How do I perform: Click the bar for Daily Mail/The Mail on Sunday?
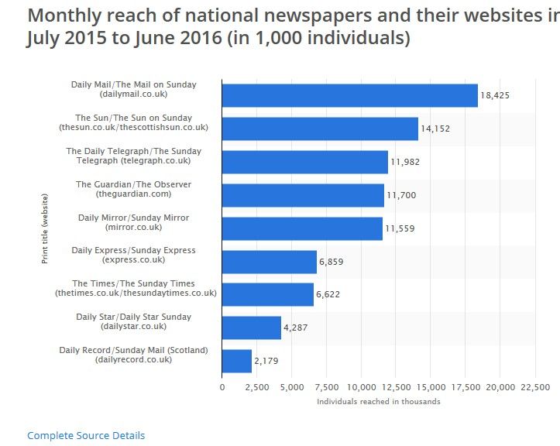pos(349,94)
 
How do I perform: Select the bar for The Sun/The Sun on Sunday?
pos(320,128)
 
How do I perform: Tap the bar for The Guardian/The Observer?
pos(303,194)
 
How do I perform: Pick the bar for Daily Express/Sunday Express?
pos(269,261)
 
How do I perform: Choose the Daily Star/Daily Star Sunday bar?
pos(251,328)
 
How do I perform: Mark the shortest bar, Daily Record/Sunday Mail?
pos(237,361)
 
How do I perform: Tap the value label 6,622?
pos(328,295)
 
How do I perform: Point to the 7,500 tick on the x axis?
pos(326,386)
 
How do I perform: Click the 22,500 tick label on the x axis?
pos(535,386)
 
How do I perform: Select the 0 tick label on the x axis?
pos(222,386)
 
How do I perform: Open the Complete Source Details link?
pos(86,436)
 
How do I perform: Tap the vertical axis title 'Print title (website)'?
pos(45,228)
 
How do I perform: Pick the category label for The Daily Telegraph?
pos(134,156)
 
